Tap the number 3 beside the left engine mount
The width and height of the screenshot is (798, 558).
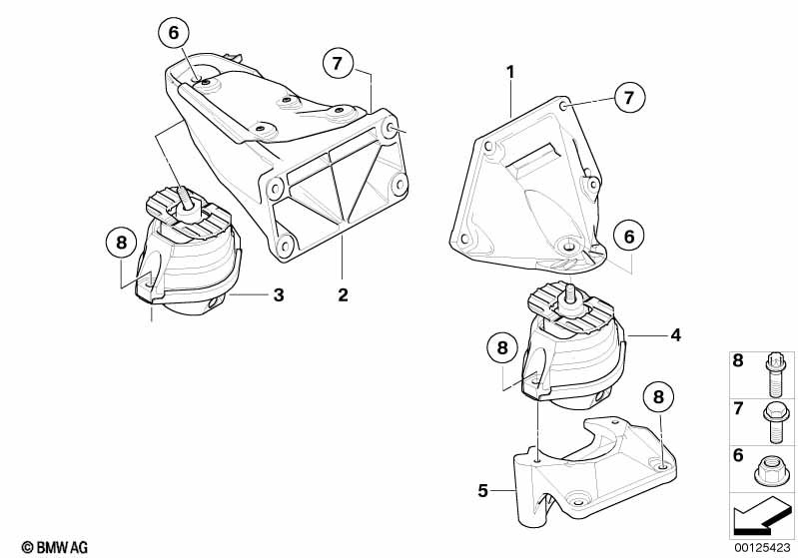(x=279, y=294)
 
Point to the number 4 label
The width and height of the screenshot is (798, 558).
(x=675, y=336)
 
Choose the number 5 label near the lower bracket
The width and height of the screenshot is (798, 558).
(x=483, y=490)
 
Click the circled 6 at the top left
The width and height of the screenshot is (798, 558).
(x=173, y=33)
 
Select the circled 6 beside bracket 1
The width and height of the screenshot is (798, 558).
(x=629, y=237)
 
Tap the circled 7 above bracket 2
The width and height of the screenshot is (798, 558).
(x=338, y=65)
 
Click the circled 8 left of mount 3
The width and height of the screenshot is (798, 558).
(x=121, y=243)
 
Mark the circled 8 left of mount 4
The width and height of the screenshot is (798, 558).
(x=503, y=348)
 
